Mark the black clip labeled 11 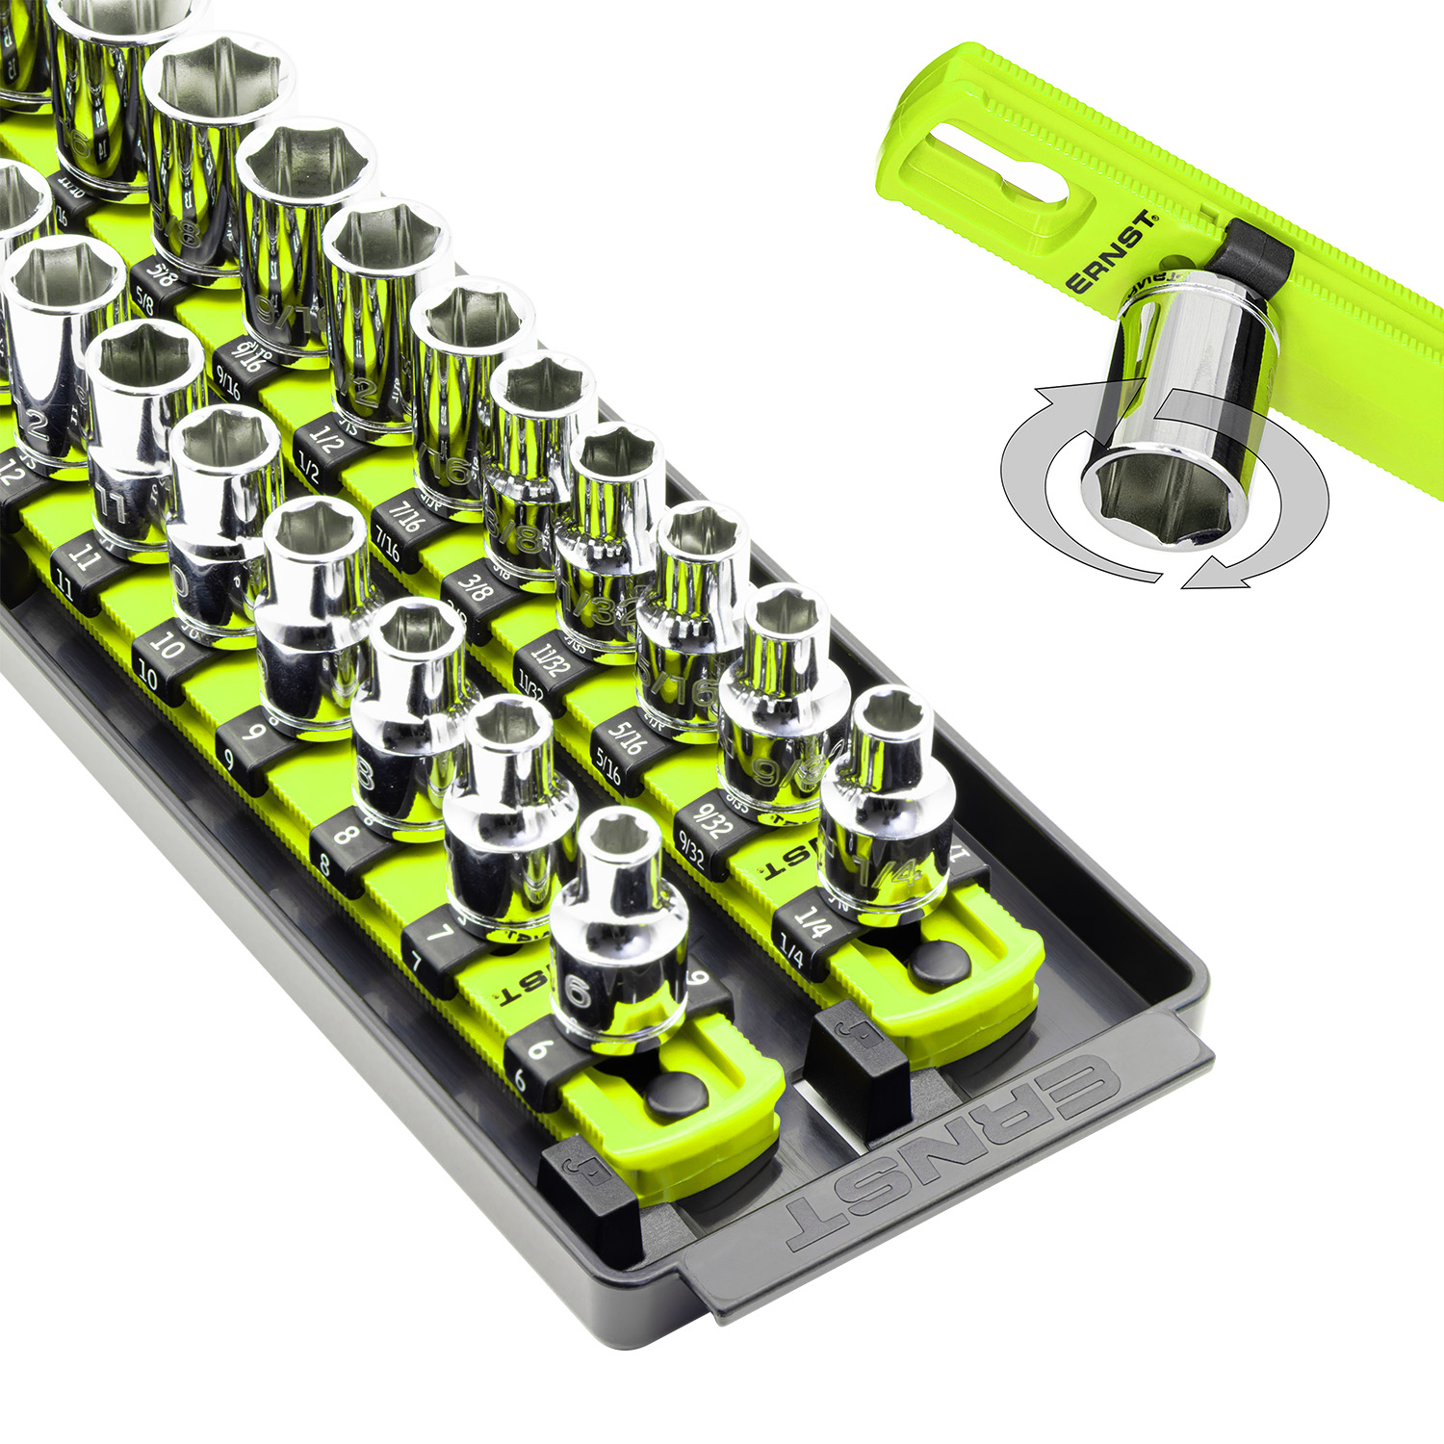pos(77,568)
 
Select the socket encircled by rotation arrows pos(1179,414)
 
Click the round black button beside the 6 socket pos(673,1094)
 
